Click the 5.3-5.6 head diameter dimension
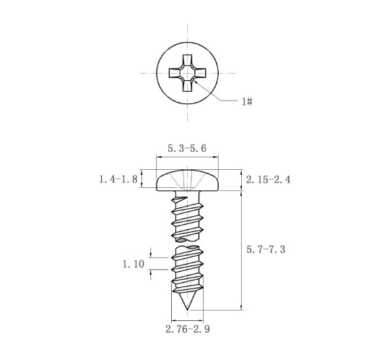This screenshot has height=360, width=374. [x=187, y=148]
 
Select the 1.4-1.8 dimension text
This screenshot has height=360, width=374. [x=118, y=179]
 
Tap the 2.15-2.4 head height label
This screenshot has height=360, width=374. [x=268, y=179]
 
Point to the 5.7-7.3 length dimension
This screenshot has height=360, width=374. [x=266, y=249]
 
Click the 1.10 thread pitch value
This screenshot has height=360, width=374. [x=134, y=264]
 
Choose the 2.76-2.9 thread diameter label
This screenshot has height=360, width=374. [x=188, y=329]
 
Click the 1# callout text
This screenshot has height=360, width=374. [x=247, y=102]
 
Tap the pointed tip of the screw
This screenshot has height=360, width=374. [x=187, y=309]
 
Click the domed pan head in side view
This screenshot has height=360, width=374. [x=187, y=180]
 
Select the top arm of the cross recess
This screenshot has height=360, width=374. [x=187, y=59]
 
